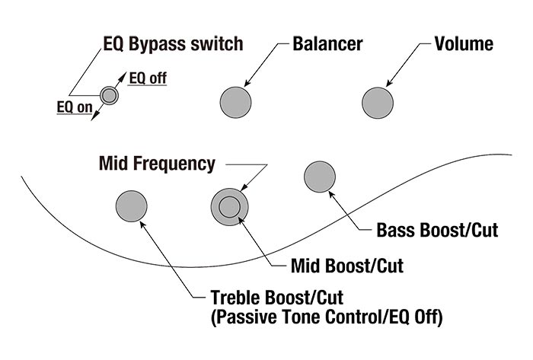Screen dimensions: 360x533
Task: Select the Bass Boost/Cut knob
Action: coord(320,177)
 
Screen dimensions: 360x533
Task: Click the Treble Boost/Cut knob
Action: coord(131,205)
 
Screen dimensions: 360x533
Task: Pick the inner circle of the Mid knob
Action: coord(228,205)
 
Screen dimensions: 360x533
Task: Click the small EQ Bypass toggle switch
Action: coord(110,95)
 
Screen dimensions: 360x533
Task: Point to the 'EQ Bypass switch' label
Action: coord(172,44)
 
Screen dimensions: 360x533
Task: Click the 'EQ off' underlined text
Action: coord(147,77)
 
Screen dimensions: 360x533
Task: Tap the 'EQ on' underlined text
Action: coord(74,107)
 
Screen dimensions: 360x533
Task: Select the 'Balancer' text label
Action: coord(327,44)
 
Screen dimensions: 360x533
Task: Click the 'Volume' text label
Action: coord(463,44)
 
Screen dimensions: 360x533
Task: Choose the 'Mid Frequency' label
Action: coord(158,163)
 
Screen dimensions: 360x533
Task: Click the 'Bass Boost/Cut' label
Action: coord(437,230)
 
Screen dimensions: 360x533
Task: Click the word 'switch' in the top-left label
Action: coord(219,44)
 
